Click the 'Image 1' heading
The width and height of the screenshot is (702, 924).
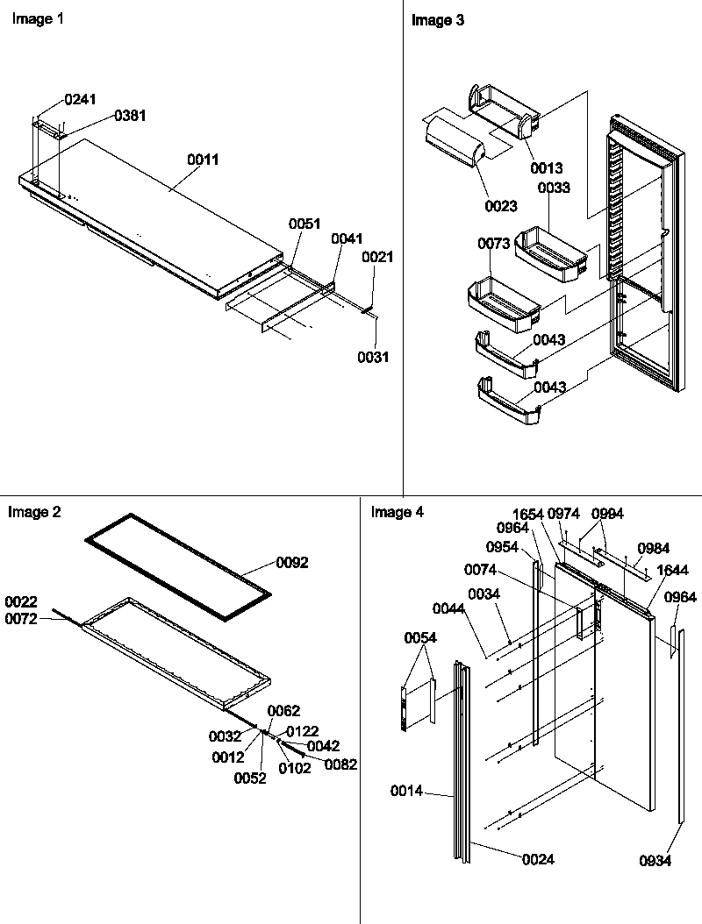coord(37,19)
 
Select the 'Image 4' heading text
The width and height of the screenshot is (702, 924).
coord(397,513)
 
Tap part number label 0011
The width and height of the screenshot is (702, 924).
coord(203,160)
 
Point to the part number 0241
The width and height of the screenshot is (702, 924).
coord(81,100)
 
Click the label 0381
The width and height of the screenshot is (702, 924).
coord(129,116)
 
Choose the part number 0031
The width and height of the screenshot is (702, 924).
coord(372,357)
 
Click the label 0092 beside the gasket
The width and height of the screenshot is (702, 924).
coord(292,562)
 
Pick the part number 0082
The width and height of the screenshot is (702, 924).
coord(340,764)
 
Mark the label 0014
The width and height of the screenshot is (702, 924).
coord(406,791)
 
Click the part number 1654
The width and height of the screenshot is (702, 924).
coord(530,514)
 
